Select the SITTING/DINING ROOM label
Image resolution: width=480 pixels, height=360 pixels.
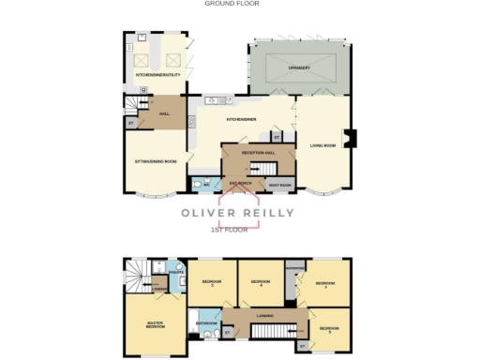coord(155,161)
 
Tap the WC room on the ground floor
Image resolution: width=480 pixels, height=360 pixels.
coord(203,185)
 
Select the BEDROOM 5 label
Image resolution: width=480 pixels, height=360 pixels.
coord(327,330)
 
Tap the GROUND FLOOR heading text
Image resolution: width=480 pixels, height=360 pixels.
coord(232,4)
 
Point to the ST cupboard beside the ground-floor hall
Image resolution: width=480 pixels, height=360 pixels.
coord(130,122)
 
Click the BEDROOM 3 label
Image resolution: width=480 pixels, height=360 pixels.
coord(324,282)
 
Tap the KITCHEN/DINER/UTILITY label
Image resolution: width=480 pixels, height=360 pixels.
coord(158,73)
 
